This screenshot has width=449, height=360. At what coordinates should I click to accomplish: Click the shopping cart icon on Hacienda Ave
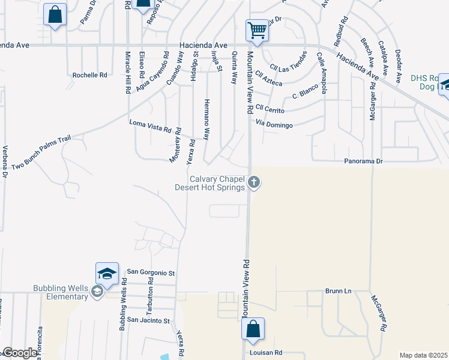[x=257, y=29]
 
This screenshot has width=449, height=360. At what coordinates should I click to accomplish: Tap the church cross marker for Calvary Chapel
[x=255, y=182]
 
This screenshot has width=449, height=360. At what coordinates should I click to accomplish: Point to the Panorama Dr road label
[x=363, y=161]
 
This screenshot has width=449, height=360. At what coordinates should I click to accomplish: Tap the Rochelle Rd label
[x=89, y=75]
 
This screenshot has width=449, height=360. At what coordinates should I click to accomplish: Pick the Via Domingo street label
[x=274, y=125]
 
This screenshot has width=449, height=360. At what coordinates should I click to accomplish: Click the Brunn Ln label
[x=338, y=291]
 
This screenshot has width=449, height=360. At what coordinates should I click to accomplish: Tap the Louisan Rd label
[x=265, y=353]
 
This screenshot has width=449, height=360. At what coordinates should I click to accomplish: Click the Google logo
[x=19, y=353]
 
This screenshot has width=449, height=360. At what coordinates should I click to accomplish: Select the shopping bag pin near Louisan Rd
[x=253, y=329]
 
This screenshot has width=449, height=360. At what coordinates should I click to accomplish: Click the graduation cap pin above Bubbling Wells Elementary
[x=106, y=273]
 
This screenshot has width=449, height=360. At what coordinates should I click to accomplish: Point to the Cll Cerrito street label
[x=270, y=109]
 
